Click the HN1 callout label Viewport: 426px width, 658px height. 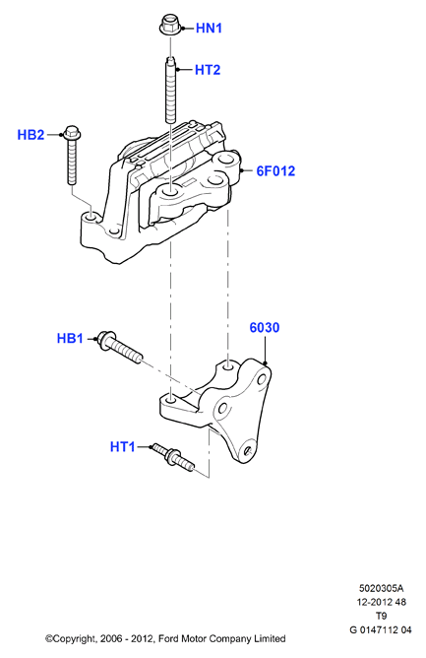pyautogui.click(x=209, y=29)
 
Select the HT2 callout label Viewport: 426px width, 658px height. pyautogui.click(x=208, y=70)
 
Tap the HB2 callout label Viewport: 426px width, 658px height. pyautogui.click(x=30, y=135)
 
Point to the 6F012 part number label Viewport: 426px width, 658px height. pyautogui.click(x=275, y=170)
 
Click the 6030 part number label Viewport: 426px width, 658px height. pyautogui.click(x=265, y=327)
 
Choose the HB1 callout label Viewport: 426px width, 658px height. pyautogui.click(x=70, y=338)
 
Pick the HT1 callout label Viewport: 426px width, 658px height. pyautogui.click(x=123, y=446)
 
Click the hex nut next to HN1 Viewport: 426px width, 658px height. pyautogui.click(x=170, y=25)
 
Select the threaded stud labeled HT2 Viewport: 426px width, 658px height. pyautogui.click(x=171, y=91)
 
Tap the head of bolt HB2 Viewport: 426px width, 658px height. pyautogui.click(x=72, y=132)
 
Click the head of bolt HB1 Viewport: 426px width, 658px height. pyautogui.click(x=104, y=339)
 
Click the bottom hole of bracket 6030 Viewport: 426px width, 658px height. pyautogui.click(x=247, y=450)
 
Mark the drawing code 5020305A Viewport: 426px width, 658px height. pyautogui.click(x=381, y=588)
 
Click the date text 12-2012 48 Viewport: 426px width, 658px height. pyautogui.click(x=381, y=602)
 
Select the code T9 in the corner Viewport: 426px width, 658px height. pyautogui.click(x=381, y=616)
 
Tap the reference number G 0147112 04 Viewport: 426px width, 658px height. pyautogui.click(x=381, y=629)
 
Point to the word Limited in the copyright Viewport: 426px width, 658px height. pyautogui.click(x=270, y=638)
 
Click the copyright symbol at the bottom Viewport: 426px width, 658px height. pyautogui.click(x=49, y=639)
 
